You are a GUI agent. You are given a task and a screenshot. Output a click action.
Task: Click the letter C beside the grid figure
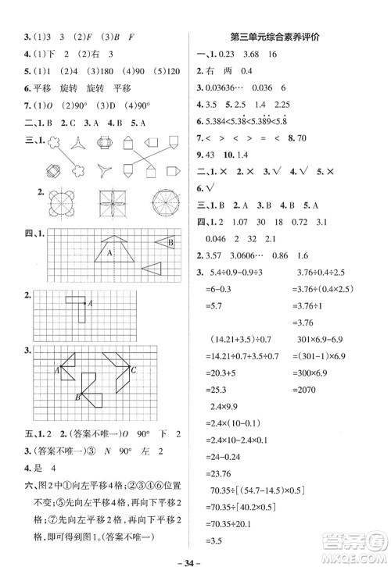click(135, 369)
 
